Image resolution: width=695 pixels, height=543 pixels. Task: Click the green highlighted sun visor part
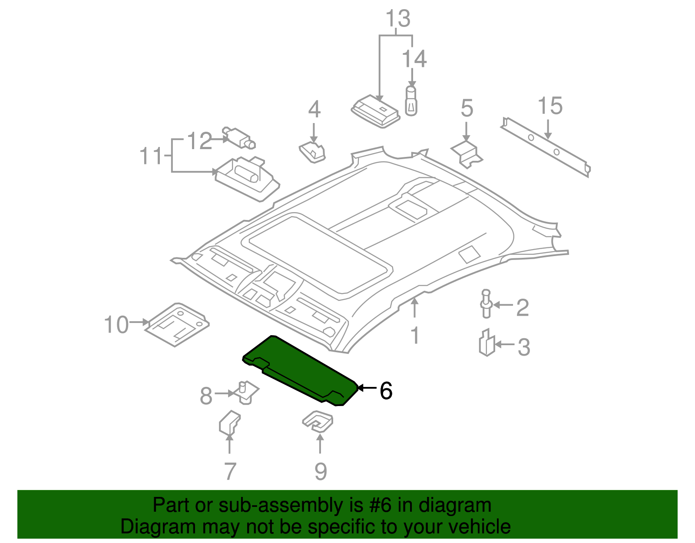click(x=300, y=370)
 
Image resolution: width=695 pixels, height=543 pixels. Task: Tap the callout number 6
click(x=386, y=390)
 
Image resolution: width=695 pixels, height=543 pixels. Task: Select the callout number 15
click(x=550, y=107)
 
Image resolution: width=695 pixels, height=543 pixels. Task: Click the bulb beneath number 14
click(x=411, y=101)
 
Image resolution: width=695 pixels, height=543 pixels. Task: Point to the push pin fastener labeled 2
click(x=486, y=304)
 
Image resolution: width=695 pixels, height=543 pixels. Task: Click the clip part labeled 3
click(x=487, y=343)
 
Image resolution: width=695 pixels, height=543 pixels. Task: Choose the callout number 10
click(x=116, y=325)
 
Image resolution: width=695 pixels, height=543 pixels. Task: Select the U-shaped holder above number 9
click(x=318, y=422)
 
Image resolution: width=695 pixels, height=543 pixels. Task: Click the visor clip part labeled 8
click(x=246, y=392)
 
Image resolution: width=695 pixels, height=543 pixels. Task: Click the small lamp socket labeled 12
click(x=238, y=138)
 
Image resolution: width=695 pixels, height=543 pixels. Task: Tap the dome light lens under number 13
click(x=375, y=111)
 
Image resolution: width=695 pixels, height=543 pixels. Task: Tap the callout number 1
click(x=415, y=336)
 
